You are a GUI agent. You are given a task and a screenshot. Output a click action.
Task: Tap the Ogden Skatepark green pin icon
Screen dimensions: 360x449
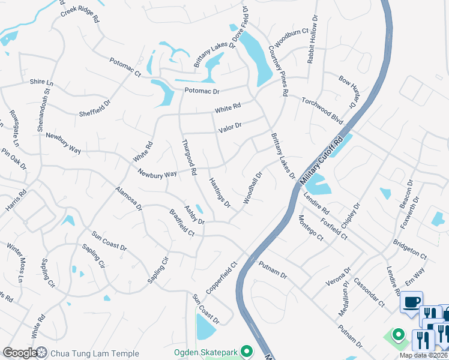245,350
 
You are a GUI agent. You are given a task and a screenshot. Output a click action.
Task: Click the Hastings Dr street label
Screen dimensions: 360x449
219,192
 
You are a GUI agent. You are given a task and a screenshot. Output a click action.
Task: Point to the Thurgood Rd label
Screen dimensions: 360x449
190,157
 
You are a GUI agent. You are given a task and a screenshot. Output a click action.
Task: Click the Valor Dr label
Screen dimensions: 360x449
230,127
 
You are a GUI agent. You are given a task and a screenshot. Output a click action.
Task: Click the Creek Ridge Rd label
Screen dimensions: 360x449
79,14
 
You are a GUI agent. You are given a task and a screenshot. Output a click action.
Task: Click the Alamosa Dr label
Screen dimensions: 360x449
128,198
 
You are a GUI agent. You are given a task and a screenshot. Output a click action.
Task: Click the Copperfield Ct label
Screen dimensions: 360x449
221,277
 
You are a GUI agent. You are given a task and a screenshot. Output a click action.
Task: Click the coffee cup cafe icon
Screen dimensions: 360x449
412,302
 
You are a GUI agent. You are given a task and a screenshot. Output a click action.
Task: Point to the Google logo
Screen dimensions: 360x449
19,353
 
